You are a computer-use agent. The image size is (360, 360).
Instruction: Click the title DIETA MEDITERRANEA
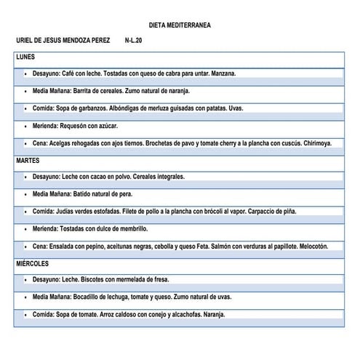click(x=180, y=25)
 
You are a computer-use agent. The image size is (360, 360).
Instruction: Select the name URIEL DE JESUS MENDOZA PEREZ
click(x=63, y=41)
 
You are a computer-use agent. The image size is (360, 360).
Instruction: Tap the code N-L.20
click(x=134, y=41)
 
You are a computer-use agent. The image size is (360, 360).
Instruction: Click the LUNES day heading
click(x=25, y=57)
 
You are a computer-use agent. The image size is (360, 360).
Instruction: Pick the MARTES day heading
click(x=28, y=160)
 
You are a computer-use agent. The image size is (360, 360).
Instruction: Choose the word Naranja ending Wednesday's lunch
click(x=212, y=315)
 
